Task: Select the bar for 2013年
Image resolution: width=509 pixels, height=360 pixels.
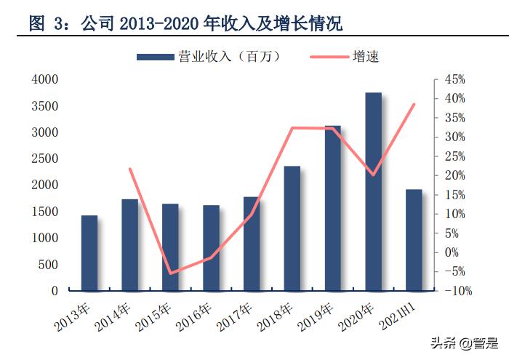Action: click(89, 253)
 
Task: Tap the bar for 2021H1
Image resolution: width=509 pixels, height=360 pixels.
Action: click(414, 240)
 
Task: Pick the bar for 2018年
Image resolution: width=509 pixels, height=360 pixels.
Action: click(292, 228)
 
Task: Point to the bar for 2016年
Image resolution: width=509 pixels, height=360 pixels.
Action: click(211, 248)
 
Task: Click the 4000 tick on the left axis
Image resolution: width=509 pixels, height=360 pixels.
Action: click(45, 79)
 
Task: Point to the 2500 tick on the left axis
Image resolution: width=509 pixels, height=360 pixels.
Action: click(45, 159)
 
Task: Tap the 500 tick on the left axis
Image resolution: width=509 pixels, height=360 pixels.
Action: click(48, 264)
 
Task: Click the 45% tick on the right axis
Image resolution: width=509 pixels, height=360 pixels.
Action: click(454, 79)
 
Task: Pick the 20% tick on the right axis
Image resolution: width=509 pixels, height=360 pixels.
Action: click(454, 175)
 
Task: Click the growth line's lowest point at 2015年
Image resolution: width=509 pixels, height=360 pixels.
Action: click(170, 273)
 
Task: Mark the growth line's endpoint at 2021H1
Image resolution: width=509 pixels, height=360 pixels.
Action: click(414, 104)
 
